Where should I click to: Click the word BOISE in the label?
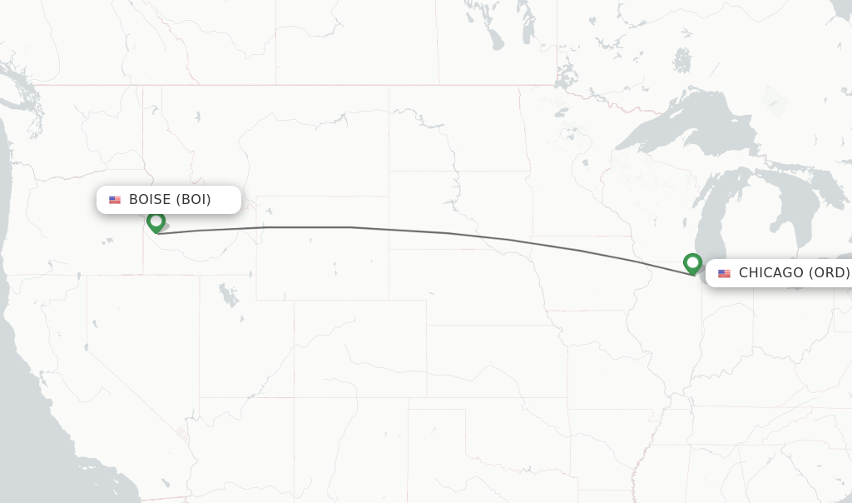point(150,200)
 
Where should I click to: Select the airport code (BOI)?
point(193,200)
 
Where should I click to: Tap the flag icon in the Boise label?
point(115,200)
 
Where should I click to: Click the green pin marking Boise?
point(156,222)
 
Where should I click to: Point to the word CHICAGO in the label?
point(770,273)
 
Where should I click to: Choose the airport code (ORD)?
point(829,273)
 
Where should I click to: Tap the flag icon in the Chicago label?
point(724,273)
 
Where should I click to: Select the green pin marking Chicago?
point(692,263)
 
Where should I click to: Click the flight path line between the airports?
point(349,227)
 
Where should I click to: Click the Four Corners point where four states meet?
point(294,397)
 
